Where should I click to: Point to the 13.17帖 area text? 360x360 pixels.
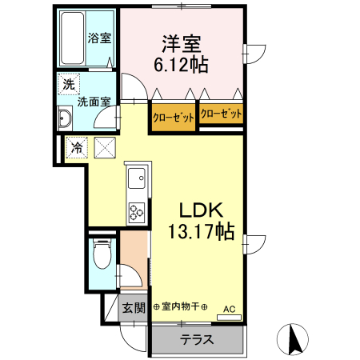point(200,232)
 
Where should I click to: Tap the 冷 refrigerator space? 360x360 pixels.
point(78,147)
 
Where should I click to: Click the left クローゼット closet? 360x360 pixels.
point(174,118)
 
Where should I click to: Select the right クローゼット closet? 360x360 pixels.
point(222,114)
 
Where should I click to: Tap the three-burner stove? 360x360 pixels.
point(134,211)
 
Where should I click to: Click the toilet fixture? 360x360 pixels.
point(101,256)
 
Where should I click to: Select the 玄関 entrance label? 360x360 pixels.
point(134,307)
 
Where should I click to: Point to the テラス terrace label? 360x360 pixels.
point(197,338)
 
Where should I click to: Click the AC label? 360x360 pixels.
point(229,308)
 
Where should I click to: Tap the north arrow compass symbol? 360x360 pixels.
point(294,339)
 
